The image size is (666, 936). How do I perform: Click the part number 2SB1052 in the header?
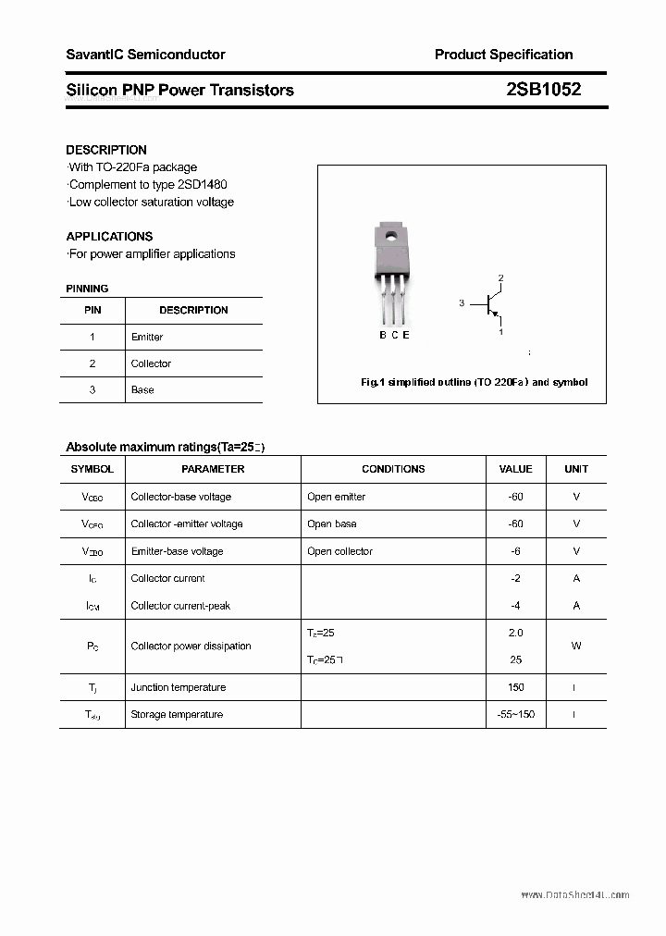[x=543, y=90]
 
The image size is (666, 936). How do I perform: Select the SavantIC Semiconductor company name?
[x=145, y=55]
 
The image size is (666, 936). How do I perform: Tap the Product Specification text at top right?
[x=503, y=55]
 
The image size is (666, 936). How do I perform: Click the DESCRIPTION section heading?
[x=106, y=150]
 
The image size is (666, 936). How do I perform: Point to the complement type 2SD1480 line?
[x=147, y=184]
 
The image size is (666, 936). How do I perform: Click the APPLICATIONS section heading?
[x=109, y=236]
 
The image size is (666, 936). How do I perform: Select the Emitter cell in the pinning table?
[x=147, y=337]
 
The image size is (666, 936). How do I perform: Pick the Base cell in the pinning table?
[x=142, y=389]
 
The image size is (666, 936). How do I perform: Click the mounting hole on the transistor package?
[x=391, y=237]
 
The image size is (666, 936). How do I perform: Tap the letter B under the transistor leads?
[x=383, y=335]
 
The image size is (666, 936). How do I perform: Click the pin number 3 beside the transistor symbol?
[x=462, y=303]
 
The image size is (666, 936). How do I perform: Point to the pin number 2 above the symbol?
[x=500, y=277]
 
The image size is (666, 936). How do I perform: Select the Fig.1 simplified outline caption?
[x=474, y=382]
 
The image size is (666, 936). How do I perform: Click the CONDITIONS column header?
[x=393, y=469]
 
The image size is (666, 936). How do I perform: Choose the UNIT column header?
[x=576, y=469]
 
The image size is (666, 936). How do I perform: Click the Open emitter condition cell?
[x=336, y=497]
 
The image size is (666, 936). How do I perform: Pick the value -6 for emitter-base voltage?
[x=515, y=551]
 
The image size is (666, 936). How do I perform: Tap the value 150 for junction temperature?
[x=515, y=687]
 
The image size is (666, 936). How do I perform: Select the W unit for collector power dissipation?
[x=576, y=646]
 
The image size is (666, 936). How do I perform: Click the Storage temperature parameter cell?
[x=177, y=714]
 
